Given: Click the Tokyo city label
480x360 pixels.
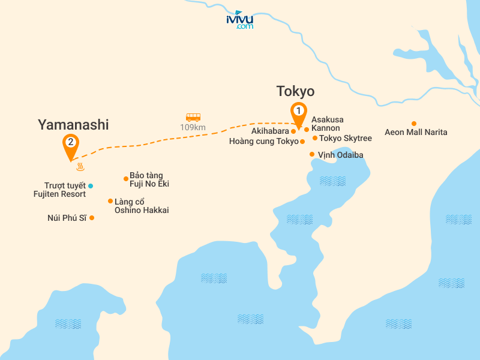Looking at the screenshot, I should click(295, 91).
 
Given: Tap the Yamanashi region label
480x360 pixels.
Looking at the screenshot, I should click(73, 125).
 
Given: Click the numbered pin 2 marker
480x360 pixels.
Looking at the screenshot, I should click(71, 144).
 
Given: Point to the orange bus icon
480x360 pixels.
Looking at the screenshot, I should click(193, 118).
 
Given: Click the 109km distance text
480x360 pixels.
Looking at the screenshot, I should click(193, 127).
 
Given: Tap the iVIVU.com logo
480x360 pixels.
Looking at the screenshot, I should click(240, 20).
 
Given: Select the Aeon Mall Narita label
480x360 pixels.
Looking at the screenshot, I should click(416, 132).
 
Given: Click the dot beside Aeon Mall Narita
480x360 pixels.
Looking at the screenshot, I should click(413, 123).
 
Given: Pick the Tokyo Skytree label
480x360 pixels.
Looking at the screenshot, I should click(346, 138).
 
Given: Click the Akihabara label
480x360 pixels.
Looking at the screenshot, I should click(270, 131).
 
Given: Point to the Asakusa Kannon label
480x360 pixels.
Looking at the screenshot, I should click(327, 124).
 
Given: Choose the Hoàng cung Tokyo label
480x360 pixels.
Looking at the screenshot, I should click(263, 142).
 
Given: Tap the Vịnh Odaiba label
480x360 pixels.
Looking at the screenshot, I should click(340, 155).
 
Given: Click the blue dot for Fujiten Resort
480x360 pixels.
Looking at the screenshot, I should click(91, 185).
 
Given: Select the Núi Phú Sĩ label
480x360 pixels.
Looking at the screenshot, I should click(67, 218).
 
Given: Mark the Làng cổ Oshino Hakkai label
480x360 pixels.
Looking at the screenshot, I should click(142, 206).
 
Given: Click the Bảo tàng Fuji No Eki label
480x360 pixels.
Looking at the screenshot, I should click(146, 179).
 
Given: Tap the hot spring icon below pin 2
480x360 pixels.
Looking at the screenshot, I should click(80, 167).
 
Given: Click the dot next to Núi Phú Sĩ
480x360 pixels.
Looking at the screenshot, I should click(92, 218).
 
